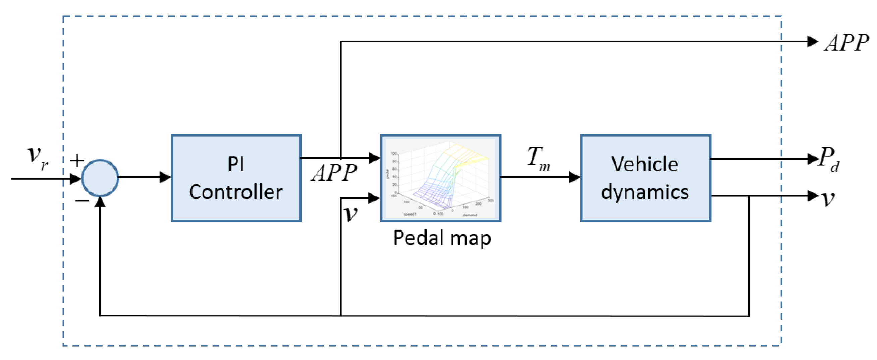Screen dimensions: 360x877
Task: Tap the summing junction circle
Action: click(x=100, y=178)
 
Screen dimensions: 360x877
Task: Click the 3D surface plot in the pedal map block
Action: click(x=440, y=178)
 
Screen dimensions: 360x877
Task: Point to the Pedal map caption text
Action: click(x=442, y=238)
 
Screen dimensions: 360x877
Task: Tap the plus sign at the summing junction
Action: click(x=77, y=160)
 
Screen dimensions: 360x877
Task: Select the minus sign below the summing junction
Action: click(x=82, y=201)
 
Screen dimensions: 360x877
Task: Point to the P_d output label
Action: click(x=828, y=159)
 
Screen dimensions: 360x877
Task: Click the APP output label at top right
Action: click(x=846, y=43)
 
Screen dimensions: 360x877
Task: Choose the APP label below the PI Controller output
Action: click(x=334, y=173)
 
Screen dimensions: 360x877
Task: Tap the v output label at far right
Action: click(x=828, y=198)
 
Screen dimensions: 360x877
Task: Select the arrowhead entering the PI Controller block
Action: click(x=165, y=177)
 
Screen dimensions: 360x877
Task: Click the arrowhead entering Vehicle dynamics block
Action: click(x=574, y=177)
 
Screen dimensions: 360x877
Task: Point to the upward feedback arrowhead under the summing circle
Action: click(x=100, y=202)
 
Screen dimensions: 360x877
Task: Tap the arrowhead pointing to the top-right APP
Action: click(x=813, y=42)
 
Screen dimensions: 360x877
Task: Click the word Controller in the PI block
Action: click(x=236, y=192)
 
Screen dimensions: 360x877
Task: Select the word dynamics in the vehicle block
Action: click(x=645, y=192)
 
